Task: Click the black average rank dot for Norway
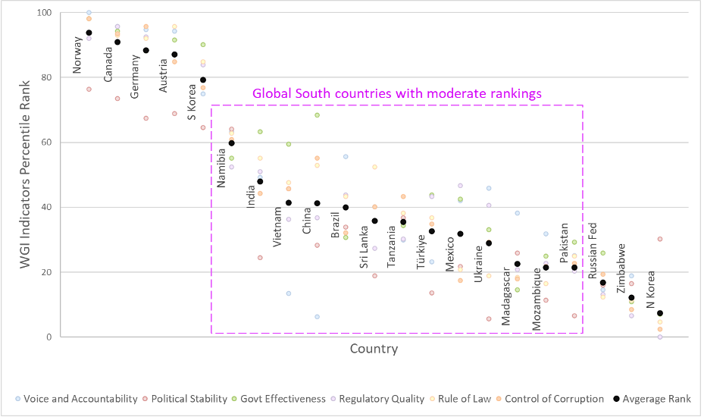[89, 33]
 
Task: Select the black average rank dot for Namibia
[231, 143]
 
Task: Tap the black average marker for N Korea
[660, 313]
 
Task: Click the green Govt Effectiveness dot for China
[318, 115]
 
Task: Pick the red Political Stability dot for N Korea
[660, 239]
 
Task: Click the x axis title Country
[374, 350]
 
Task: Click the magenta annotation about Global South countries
[397, 94]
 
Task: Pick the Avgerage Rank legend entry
[652, 399]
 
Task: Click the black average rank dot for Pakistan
[574, 268]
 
